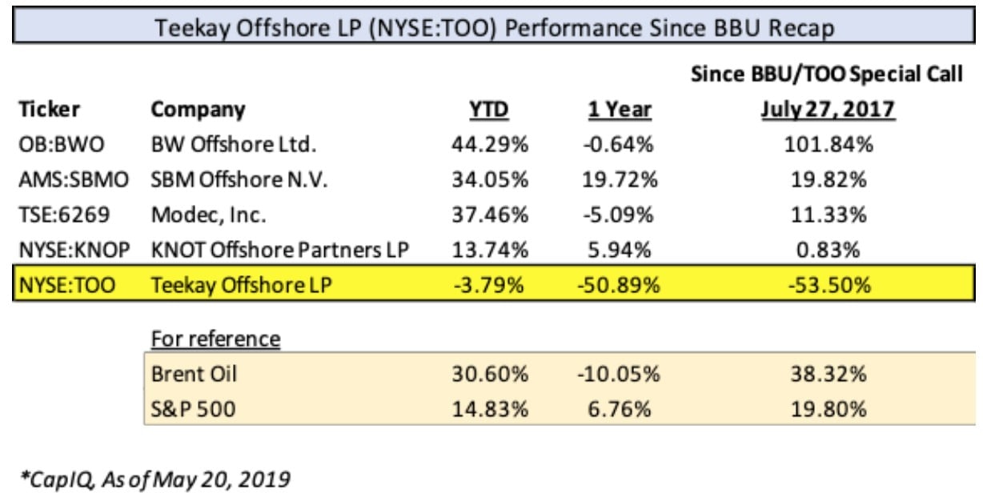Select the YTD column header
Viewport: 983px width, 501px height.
pos(488,110)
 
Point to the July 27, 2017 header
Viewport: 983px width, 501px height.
pos(827,110)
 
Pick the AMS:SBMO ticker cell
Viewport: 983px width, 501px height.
pos(73,180)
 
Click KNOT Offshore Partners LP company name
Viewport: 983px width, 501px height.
pos(279,249)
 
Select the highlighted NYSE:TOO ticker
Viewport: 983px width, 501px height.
pos(65,284)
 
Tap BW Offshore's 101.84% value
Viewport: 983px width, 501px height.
pos(828,146)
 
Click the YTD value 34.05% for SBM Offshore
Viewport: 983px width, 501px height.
pos(489,180)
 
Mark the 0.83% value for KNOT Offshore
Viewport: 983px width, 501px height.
pos(828,249)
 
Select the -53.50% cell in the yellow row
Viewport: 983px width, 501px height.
pos(828,284)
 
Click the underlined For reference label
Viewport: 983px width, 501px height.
pos(215,339)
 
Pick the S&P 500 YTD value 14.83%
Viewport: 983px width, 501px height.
pos(489,409)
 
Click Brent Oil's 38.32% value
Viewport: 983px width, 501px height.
pos(828,374)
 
